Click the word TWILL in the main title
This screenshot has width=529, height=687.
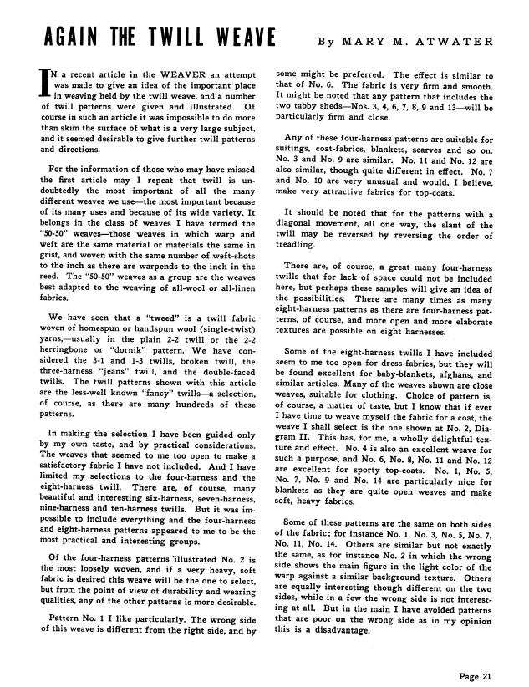click(x=169, y=40)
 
